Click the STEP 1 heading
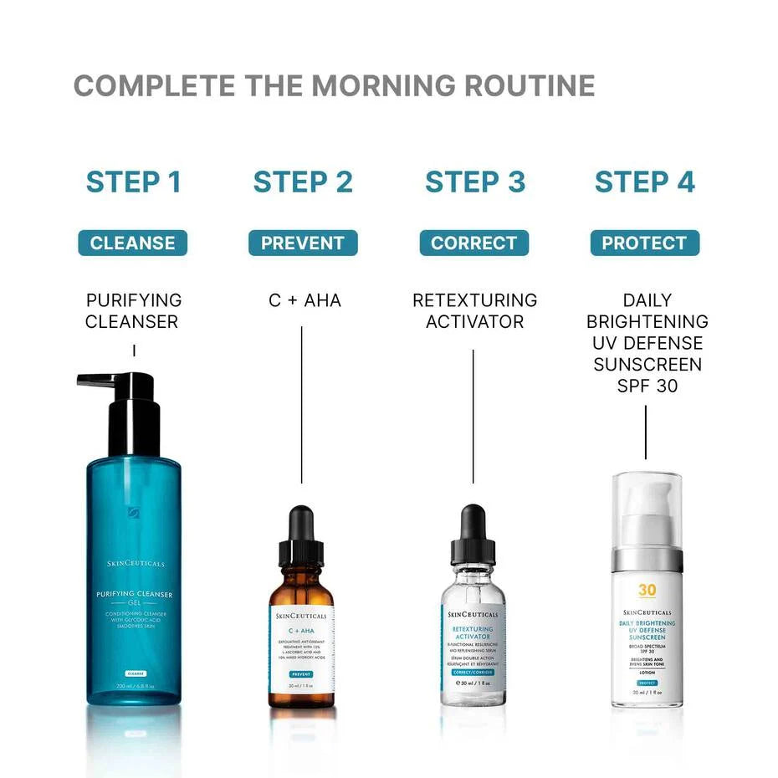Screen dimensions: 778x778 click(x=134, y=182)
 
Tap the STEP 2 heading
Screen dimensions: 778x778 click(x=303, y=182)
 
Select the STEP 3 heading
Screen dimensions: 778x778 click(x=475, y=182)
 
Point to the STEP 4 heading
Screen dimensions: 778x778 click(x=644, y=182)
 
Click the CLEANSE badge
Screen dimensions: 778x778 click(x=133, y=243)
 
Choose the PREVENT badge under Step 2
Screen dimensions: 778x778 click(x=303, y=243)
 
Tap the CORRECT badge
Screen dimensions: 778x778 click(x=474, y=243)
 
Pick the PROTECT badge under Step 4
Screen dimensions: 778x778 click(x=644, y=243)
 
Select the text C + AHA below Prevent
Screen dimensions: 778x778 click(x=305, y=300)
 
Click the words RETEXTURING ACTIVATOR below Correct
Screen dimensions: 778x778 click(x=474, y=310)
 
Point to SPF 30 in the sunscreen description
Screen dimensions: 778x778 click(x=647, y=386)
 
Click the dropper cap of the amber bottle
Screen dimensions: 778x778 click(x=301, y=535)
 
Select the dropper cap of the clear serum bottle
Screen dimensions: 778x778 click(x=473, y=535)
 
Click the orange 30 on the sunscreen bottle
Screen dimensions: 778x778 click(x=647, y=590)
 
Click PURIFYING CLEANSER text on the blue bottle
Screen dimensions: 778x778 click(x=134, y=595)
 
